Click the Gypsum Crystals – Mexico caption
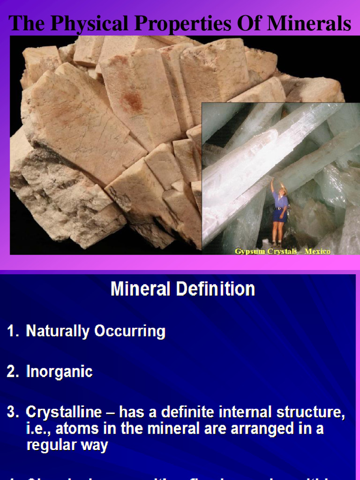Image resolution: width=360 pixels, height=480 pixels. (x=282, y=252)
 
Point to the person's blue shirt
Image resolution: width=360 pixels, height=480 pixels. (x=280, y=200)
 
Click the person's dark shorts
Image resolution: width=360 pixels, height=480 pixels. (x=280, y=215)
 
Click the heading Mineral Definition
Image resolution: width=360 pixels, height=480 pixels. (x=183, y=289)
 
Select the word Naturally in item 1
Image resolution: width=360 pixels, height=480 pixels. (x=58, y=331)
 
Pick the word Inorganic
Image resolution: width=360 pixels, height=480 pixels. (x=59, y=372)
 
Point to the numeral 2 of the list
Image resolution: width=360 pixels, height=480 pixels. (x=12, y=372)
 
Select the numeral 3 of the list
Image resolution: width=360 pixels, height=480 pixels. (x=12, y=412)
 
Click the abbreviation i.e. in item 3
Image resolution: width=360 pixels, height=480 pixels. (x=38, y=429)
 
